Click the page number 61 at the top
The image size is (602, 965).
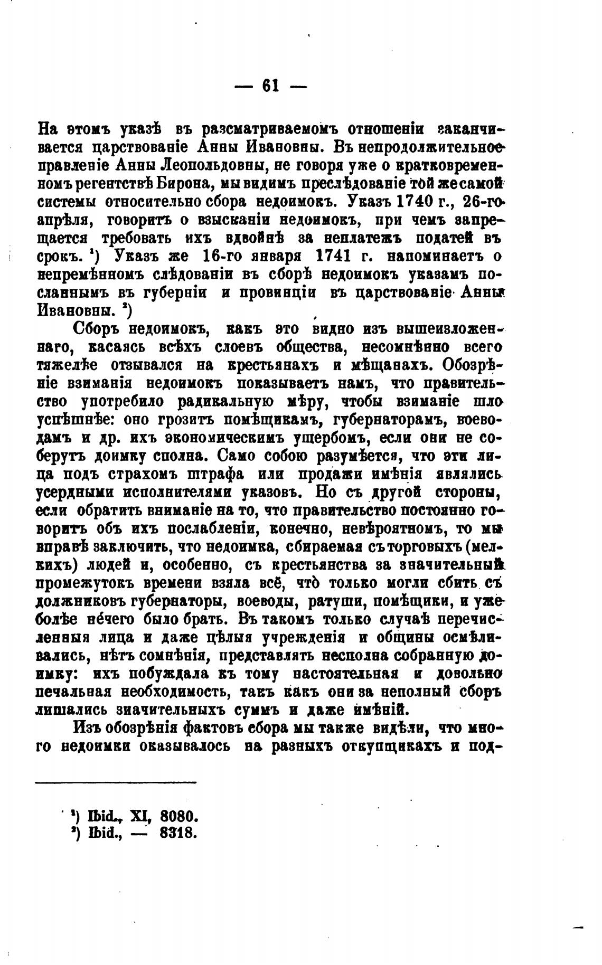point(270,86)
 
